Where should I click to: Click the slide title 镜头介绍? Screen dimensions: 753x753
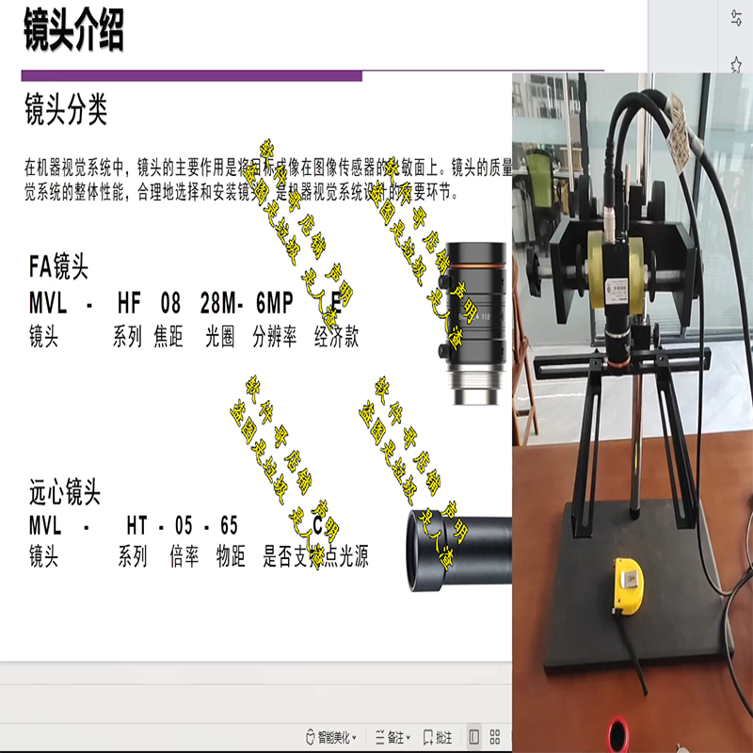73,31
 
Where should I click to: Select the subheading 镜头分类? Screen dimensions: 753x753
66,110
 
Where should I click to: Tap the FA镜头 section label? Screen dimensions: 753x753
58,268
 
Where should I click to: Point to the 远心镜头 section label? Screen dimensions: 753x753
65,491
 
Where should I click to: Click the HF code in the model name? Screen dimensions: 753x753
131,303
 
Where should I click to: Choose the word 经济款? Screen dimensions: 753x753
337,337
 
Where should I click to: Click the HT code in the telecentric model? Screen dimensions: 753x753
138,523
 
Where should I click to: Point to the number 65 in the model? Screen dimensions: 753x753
228,523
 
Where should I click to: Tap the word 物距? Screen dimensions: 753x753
231,556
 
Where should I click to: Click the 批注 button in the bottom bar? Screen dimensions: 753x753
439,737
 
